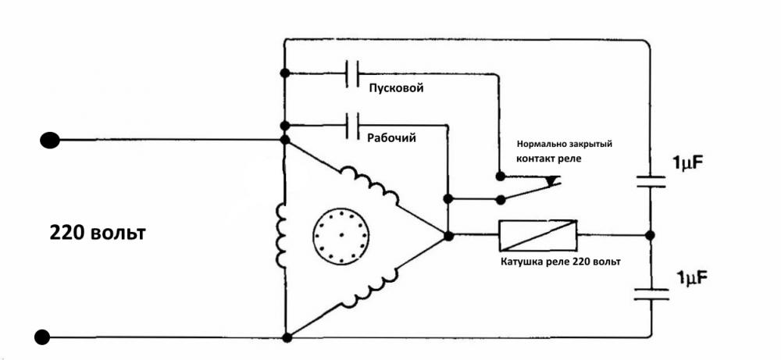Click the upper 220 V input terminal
49,140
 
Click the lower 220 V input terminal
43,337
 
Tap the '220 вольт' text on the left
98,233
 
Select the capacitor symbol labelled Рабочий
352,123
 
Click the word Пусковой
395,88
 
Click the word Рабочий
391,137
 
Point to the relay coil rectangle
538,233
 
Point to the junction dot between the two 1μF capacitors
651,234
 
